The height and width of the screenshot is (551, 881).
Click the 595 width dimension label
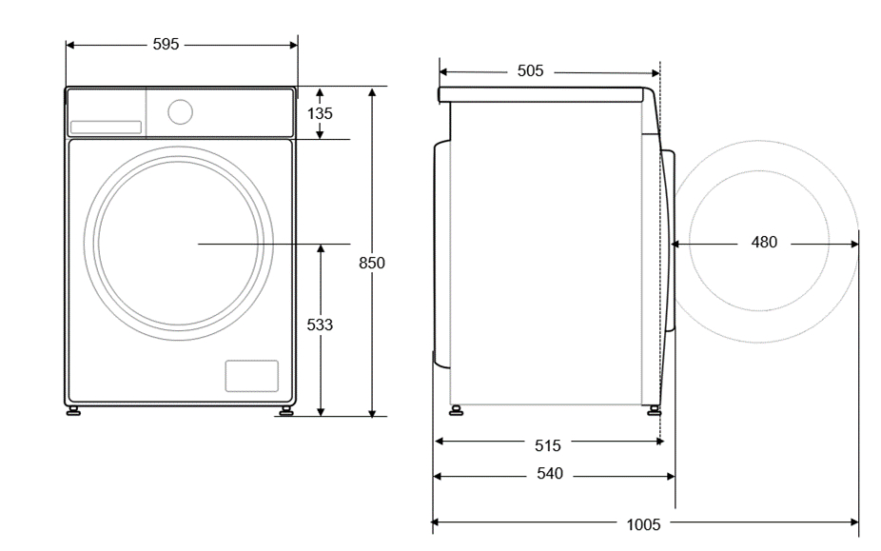pos(166,44)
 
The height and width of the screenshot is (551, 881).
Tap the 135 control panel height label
pos(320,113)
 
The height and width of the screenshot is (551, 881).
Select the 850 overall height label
pos(372,263)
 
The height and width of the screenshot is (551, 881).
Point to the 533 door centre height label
pos(320,325)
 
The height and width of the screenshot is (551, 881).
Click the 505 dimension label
pos(530,70)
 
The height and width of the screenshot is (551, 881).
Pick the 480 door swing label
pos(764,243)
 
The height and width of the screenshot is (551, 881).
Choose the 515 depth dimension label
pos(548,446)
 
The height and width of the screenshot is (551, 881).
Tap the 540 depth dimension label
pos(550,474)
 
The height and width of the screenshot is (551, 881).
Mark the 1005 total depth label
pos(643,525)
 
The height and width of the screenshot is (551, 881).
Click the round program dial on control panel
pos(181,112)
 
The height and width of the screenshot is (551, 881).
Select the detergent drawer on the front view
pos(106,128)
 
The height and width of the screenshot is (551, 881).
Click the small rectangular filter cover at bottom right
pos(252,376)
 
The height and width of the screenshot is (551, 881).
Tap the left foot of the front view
pos(73,411)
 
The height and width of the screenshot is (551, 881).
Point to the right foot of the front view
pos(286,411)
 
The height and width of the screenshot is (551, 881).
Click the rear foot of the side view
pos(456,410)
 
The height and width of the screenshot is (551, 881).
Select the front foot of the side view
pos(654,410)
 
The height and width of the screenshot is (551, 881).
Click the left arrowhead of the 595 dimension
pos(69,45)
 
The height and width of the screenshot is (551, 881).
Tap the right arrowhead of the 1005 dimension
pos(854,522)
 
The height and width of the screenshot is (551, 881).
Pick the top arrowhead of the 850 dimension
pos(372,91)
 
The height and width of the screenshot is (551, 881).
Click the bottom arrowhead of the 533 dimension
pos(321,412)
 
